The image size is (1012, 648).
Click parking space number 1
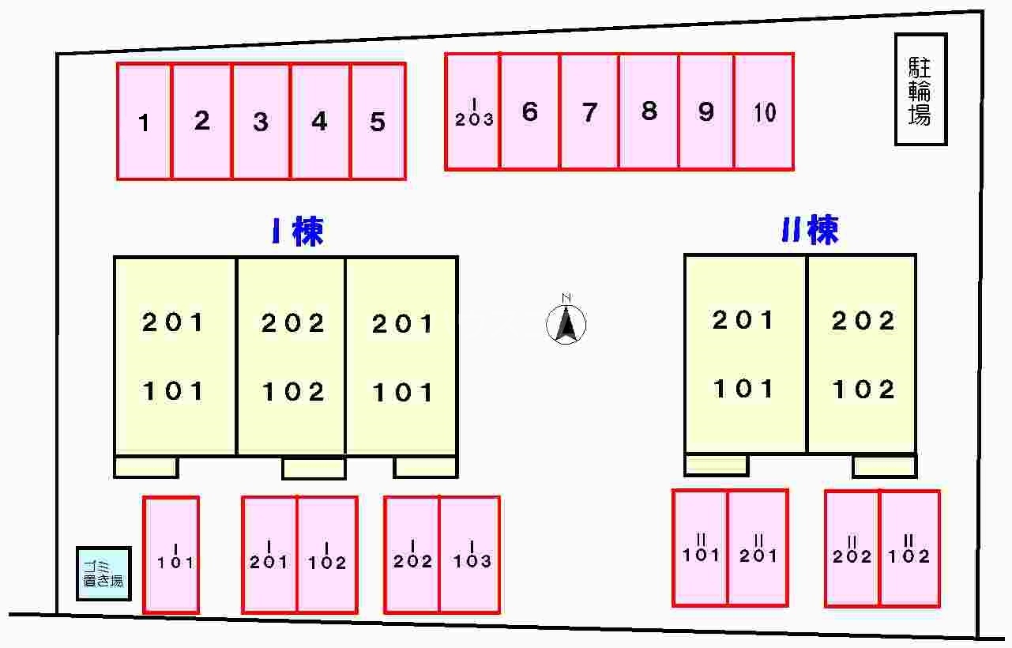pyautogui.click(x=144, y=121)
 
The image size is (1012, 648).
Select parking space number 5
pyautogui.click(x=378, y=121)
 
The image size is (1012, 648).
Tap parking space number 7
pyautogui.click(x=589, y=111)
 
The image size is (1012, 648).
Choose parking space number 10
pyautogui.click(x=764, y=111)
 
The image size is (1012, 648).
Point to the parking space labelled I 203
pyautogui.click(x=472, y=111)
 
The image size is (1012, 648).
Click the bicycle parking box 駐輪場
pyautogui.click(x=920, y=89)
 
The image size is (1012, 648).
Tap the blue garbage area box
pyautogui.click(x=104, y=574)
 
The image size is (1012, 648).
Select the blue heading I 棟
pyautogui.click(x=298, y=231)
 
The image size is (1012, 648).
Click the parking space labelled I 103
pyautogui.click(x=470, y=555)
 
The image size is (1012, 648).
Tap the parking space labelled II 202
pyautogui.click(x=852, y=548)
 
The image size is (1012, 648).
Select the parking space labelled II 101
pyautogui.click(x=700, y=548)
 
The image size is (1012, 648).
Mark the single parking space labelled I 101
pyautogui.click(x=171, y=555)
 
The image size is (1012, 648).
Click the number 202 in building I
pyautogui.click(x=293, y=323)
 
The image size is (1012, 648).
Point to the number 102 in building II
pyautogui.click(x=863, y=390)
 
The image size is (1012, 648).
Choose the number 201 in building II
pyautogui.click(x=743, y=320)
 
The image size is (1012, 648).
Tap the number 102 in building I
pyautogui.click(x=293, y=392)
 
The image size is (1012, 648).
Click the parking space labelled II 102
pyautogui.click(x=910, y=548)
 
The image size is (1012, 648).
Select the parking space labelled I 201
pyautogui.click(x=269, y=555)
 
